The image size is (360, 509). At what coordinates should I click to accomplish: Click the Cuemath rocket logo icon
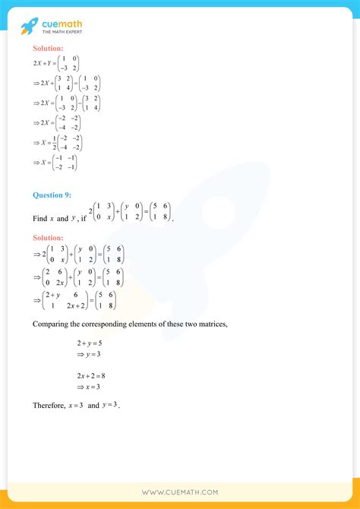(29, 27)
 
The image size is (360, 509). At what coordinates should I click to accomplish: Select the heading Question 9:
(52, 195)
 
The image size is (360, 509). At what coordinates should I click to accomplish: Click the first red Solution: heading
(47, 49)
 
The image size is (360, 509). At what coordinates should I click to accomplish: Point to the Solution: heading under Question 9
(47, 238)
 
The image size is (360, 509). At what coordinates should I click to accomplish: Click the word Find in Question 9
(39, 218)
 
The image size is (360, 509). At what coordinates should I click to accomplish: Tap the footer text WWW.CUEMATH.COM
(179, 492)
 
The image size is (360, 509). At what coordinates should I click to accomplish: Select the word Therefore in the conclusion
(49, 406)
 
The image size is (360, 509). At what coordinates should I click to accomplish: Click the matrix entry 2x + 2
(78, 305)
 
